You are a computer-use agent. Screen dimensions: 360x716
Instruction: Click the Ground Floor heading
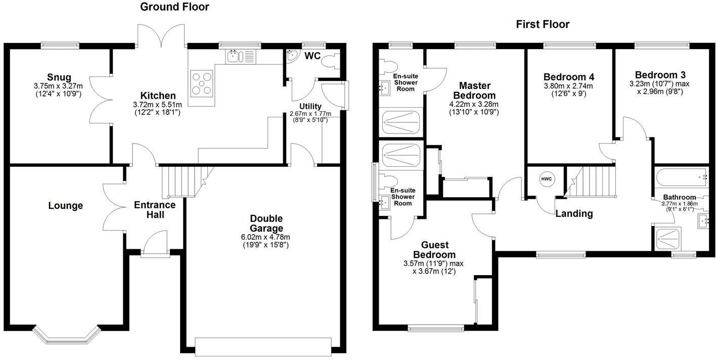[174, 7]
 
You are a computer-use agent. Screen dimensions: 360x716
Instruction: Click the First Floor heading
[543, 24]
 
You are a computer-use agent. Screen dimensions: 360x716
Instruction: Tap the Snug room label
[59, 77]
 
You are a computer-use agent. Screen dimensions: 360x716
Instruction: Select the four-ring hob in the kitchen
[202, 83]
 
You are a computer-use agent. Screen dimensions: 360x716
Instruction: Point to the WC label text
[312, 56]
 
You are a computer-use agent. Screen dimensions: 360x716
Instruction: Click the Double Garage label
[266, 223]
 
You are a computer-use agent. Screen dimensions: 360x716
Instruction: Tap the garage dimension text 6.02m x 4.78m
[266, 237]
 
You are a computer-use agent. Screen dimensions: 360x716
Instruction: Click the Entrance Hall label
[155, 210]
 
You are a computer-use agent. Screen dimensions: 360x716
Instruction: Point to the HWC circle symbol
[547, 179]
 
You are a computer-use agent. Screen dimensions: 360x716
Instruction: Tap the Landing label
[574, 213]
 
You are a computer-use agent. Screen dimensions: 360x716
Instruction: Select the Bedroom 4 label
[569, 77]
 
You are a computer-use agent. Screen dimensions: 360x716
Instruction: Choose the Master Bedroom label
[474, 91]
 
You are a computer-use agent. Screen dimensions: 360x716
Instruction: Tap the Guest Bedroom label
[434, 249]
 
